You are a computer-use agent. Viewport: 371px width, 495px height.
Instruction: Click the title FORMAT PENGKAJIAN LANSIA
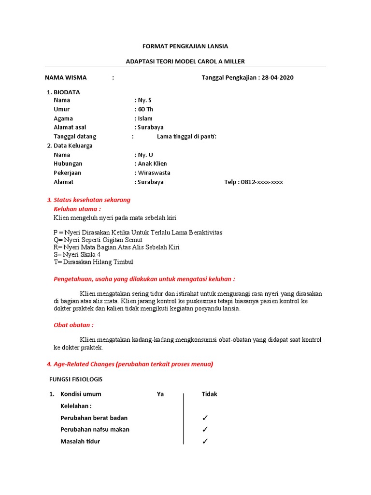click(185, 46)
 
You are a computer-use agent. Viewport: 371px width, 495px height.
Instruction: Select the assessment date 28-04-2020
click(277, 77)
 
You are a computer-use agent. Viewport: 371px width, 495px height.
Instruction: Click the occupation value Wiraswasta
click(154, 173)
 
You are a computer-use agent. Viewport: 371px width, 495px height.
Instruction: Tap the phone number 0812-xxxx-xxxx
click(261, 182)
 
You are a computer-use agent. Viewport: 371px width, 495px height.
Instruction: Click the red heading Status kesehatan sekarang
click(92, 200)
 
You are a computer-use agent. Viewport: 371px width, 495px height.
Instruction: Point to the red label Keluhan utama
click(77, 209)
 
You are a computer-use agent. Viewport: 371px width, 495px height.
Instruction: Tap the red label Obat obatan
click(73, 325)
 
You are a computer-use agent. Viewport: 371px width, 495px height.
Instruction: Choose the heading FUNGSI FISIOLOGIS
click(76, 379)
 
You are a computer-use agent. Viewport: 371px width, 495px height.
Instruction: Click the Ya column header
click(160, 394)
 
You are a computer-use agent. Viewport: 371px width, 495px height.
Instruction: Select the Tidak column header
click(209, 394)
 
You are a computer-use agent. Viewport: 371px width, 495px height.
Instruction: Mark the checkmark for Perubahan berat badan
click(205, 418)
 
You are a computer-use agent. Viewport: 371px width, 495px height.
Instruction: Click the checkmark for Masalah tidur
click(205, 441)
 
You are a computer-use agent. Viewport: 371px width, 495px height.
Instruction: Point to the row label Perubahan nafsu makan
click(95, 429)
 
